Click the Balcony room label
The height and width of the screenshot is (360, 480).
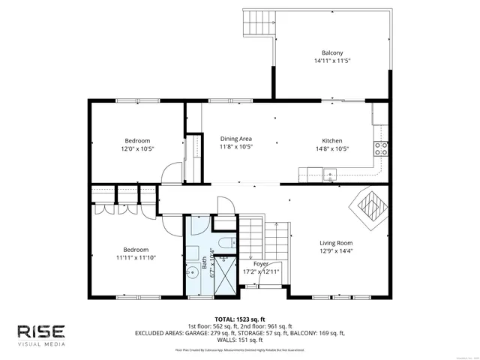click(x=332, y=52)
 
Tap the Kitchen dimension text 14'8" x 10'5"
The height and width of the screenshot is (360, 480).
click(x=332, y=148)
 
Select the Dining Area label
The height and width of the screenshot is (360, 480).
click(x=235, y=139)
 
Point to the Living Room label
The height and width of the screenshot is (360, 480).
click(x=335, y=243)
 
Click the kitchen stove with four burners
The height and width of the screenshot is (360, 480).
click(x=381, y=148)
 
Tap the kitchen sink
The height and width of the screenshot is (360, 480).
click(x=328, y=175)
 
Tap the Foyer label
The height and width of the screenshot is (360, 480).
click(x=260, y=264)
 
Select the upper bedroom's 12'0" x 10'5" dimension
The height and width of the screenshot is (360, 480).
click(x=137, y=148)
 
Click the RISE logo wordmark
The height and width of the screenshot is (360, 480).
click(x=41, y=331)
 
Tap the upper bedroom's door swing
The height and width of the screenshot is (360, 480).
click(x=172, y=173)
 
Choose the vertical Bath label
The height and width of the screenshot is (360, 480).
click(x=203, y=263)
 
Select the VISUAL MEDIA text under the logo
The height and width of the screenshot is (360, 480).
click(x=41, y=344)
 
